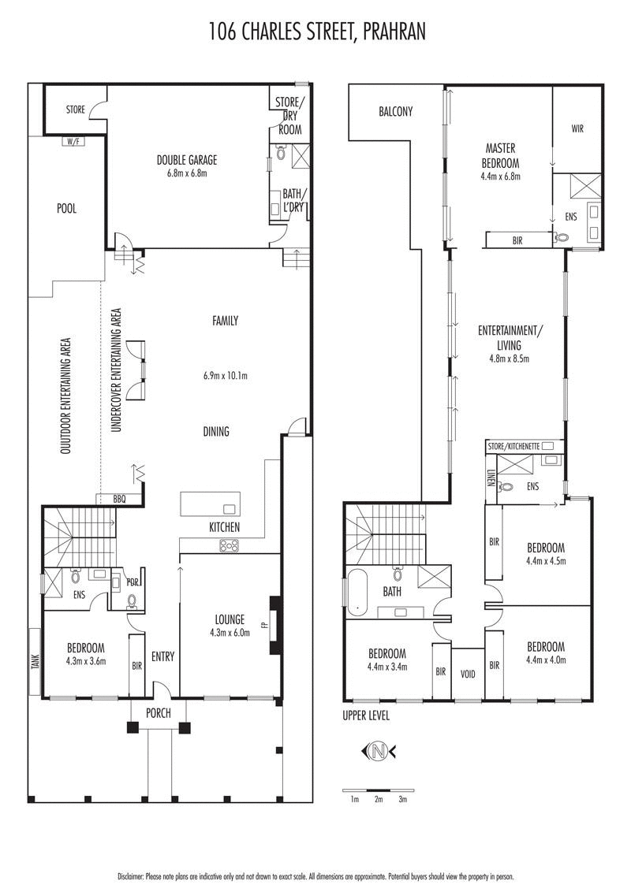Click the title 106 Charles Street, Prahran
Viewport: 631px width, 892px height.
tap(315, 32)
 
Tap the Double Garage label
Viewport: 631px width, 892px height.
tap(187, 161)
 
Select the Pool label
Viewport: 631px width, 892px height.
tap(67, 209)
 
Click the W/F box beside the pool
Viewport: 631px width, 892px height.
tap(73, 141)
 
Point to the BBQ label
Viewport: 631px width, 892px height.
tap(120, 499)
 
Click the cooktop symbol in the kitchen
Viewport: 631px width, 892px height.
tap(229, 544)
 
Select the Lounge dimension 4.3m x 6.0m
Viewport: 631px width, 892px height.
tap(230, 632)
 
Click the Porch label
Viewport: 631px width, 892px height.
tap(158, 713)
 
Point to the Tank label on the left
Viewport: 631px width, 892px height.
tap(35, 662)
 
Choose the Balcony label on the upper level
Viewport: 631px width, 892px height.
tap(395, 112)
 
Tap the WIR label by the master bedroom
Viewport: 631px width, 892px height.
tap(578, 128)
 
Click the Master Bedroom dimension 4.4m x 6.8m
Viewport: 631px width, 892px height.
tap(500, 177)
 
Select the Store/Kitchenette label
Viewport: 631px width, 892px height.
tap(513, 446)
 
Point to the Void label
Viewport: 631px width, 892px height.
tap(468, 675)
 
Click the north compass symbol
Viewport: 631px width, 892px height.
tap(379, 751)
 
